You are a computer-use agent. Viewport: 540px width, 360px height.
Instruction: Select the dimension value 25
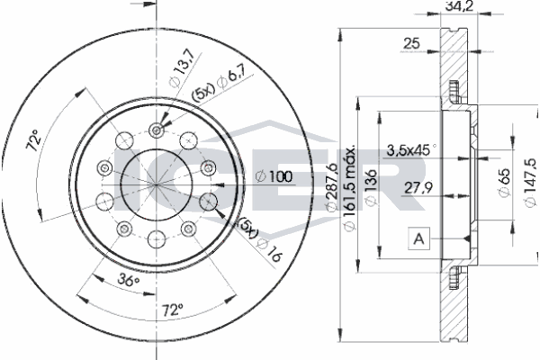[x=412, y=43]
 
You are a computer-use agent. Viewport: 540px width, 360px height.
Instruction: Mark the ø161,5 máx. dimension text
[x=351, y=185]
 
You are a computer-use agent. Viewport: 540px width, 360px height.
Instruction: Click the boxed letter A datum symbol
[x=418, y=238]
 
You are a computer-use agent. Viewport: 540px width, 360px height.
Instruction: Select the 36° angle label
[x=130, y=281]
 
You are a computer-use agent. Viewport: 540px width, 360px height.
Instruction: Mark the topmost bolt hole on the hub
[x=157, y=131]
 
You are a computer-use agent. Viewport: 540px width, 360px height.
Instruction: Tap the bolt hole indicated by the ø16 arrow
[x=208, y=201]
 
